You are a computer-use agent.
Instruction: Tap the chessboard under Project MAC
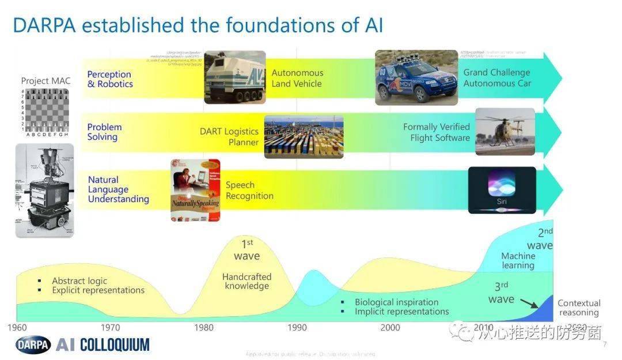[44, 110]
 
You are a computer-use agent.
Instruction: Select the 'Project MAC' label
[45, 81]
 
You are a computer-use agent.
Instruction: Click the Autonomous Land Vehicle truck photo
[235, 77]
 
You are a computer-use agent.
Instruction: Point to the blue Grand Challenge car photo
[416, 78]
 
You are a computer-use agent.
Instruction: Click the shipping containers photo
[304, 137]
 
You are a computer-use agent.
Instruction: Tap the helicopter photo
[505, 131]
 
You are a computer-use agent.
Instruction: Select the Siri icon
[502, 190]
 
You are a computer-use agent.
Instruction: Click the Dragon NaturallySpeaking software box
[195, 190]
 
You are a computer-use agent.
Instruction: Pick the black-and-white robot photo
[44, 191]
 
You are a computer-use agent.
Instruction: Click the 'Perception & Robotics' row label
[110, 79]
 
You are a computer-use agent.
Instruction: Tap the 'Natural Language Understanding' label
[118, 190]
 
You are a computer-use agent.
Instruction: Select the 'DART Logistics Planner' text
[229, 137]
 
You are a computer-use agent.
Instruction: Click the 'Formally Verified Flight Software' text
[437, 132]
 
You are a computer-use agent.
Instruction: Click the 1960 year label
[17, 327]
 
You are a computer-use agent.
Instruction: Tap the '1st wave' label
[246, 251]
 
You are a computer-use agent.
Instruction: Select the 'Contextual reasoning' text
[579, 308]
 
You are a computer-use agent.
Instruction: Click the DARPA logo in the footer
[33, 345]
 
